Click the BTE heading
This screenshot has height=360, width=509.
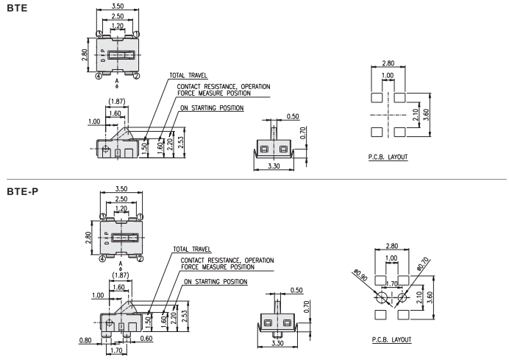[17, 8]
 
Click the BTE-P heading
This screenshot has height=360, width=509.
[22, 191]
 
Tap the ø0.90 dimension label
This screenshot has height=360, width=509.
[360, 275]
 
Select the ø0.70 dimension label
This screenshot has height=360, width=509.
[423, 264]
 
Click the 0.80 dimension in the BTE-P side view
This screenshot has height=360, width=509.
[85, 340]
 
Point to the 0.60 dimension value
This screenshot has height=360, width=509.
[146, 338]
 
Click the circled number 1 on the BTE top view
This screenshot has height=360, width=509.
[137, 34]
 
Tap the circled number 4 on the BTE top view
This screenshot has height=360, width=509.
[99, 76]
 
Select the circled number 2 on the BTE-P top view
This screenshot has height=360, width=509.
[140, 258]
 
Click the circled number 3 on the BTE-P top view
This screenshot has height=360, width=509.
[102, 216]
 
